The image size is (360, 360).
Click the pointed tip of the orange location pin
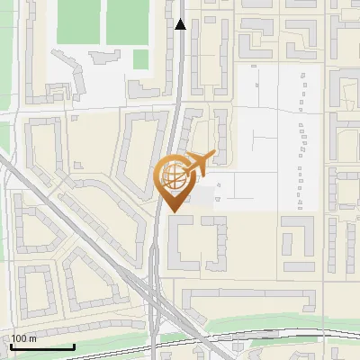click(x=171, y=211)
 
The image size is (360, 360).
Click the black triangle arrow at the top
click(x=180, y=24)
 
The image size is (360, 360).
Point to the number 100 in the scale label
click(x=19, y=338)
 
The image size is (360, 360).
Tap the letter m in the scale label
click(x=32, y=338)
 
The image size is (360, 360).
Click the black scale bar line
click(x=41, y=346)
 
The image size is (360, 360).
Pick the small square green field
click(x=140, y=58)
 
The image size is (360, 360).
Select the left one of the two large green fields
click(x=78, y=22)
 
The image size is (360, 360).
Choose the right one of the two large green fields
click(x=127, y=22)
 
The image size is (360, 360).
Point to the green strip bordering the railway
click(x=270, y=322)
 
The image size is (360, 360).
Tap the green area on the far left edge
click(x=4, y=135)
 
